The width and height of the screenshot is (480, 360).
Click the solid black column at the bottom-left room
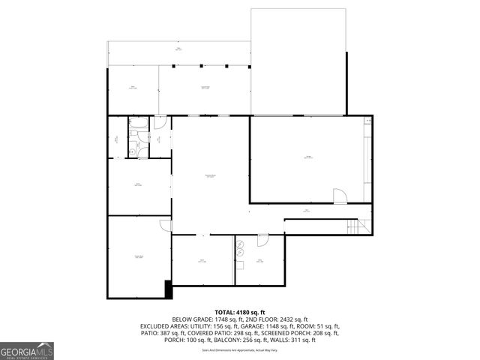(x=169, y=289)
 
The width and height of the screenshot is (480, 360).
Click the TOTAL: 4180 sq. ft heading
(x=239, y=311)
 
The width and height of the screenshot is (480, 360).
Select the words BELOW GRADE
(x=193, y=319)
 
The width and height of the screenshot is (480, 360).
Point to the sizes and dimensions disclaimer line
(x=239, y=349)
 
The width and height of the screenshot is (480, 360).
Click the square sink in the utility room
(x=241, y=253)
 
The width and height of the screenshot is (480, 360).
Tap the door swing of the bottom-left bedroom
(x=165, y=225)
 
